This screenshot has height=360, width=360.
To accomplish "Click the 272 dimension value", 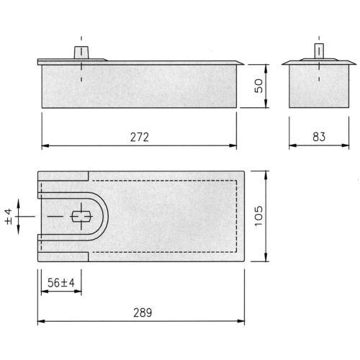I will pyautogui.click(x=140, y=137).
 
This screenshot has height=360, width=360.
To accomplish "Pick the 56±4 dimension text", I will pyautogui.click(x=61, y=283).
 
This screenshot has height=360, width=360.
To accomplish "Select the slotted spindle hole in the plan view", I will pyautogui.click(x=81, y=216).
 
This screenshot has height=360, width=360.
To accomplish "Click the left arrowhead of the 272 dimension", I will pyautogui.click(x=44, y=145).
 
